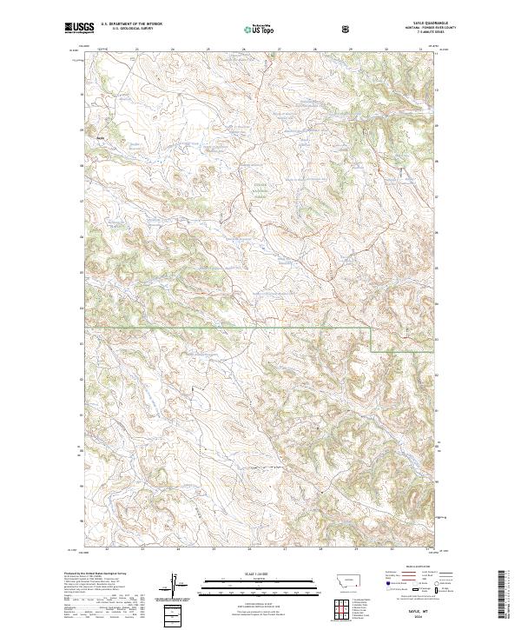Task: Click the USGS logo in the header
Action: coord(80,28)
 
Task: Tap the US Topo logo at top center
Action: coord(260,29)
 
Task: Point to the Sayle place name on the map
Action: coord(100,136)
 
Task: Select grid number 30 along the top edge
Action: coord(385,50)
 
